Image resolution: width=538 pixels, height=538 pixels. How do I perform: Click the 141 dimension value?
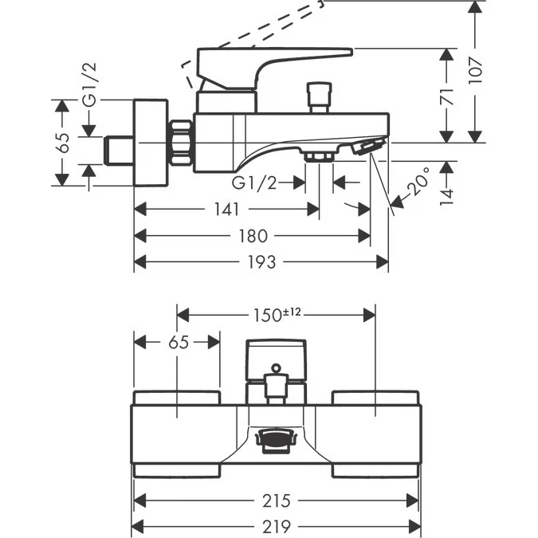227,210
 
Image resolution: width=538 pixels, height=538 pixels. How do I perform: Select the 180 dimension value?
253,236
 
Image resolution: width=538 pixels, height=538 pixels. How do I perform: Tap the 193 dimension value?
261,261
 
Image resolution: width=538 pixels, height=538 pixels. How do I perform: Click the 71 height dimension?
449,96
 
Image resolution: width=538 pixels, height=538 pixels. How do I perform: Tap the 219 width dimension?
275,526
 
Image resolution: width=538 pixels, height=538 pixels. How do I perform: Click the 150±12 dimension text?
277,314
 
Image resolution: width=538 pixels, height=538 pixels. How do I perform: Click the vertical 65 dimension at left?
63,143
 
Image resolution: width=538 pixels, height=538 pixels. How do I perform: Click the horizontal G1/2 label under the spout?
254,183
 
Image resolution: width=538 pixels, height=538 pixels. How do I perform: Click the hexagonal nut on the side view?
182,143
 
